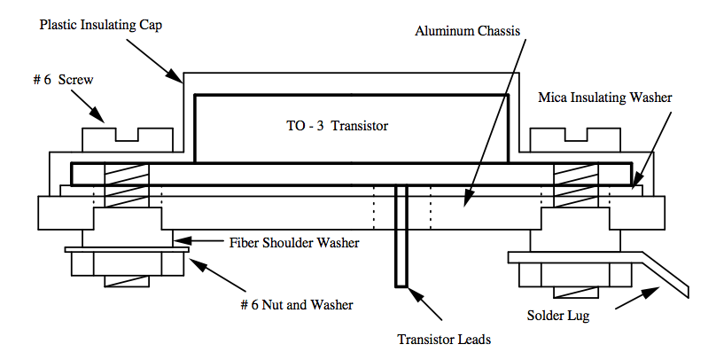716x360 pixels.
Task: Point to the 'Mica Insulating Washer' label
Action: pyautogui.click(x=604, y=97)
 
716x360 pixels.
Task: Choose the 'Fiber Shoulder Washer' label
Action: pyautogui.click(x=292, y=241)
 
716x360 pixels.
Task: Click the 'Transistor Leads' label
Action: pyautogui.click(x=444, y=338)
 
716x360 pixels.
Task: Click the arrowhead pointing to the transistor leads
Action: pyautogui.click(x=411, y=292)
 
